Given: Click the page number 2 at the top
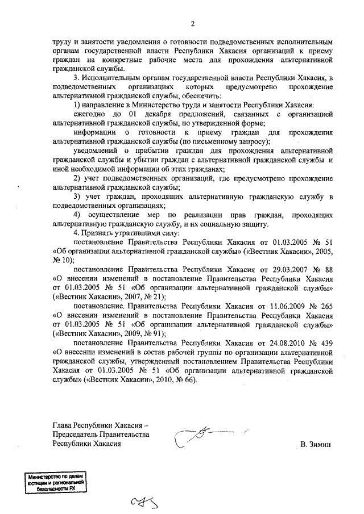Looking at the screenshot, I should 193,23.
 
